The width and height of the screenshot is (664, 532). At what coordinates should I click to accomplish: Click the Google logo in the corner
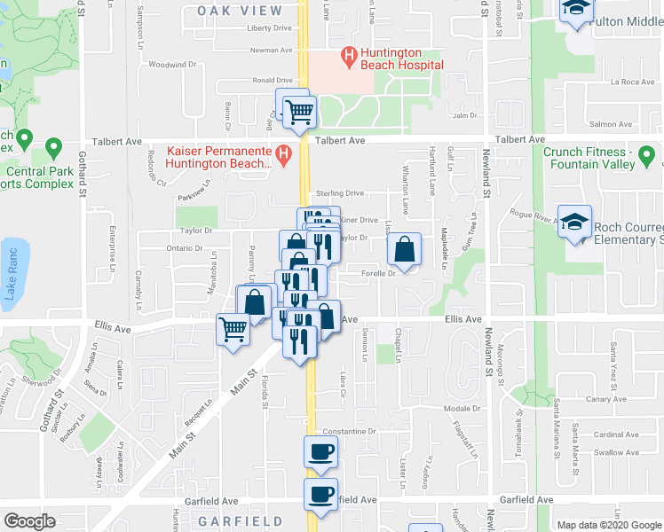point(29,520)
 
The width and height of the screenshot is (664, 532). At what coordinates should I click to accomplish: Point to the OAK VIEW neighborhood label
point(240,11)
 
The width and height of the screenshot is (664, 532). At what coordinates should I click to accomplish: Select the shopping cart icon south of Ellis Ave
point(233,329)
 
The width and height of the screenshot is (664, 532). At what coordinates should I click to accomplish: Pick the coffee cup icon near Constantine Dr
point(320,451)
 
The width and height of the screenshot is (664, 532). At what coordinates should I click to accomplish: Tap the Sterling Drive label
point(338,193)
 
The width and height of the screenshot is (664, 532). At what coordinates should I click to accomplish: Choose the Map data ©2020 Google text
point(609,525)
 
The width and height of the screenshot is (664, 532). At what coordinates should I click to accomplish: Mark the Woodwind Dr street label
point(171,65)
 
